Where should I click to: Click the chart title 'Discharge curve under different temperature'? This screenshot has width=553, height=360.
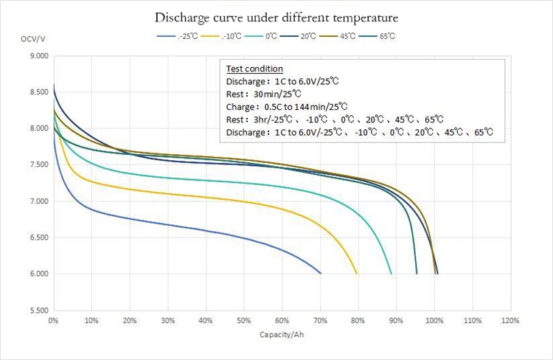277,16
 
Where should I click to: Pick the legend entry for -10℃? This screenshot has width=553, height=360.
226,36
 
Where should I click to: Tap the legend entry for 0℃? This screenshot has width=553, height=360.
268,36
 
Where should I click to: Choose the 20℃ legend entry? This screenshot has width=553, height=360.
307,36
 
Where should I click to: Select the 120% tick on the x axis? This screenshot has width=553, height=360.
510,322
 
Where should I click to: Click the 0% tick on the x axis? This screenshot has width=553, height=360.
53,322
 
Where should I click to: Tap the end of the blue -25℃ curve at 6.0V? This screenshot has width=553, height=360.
321,273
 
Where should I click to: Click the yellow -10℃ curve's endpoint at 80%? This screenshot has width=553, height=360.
358,273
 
